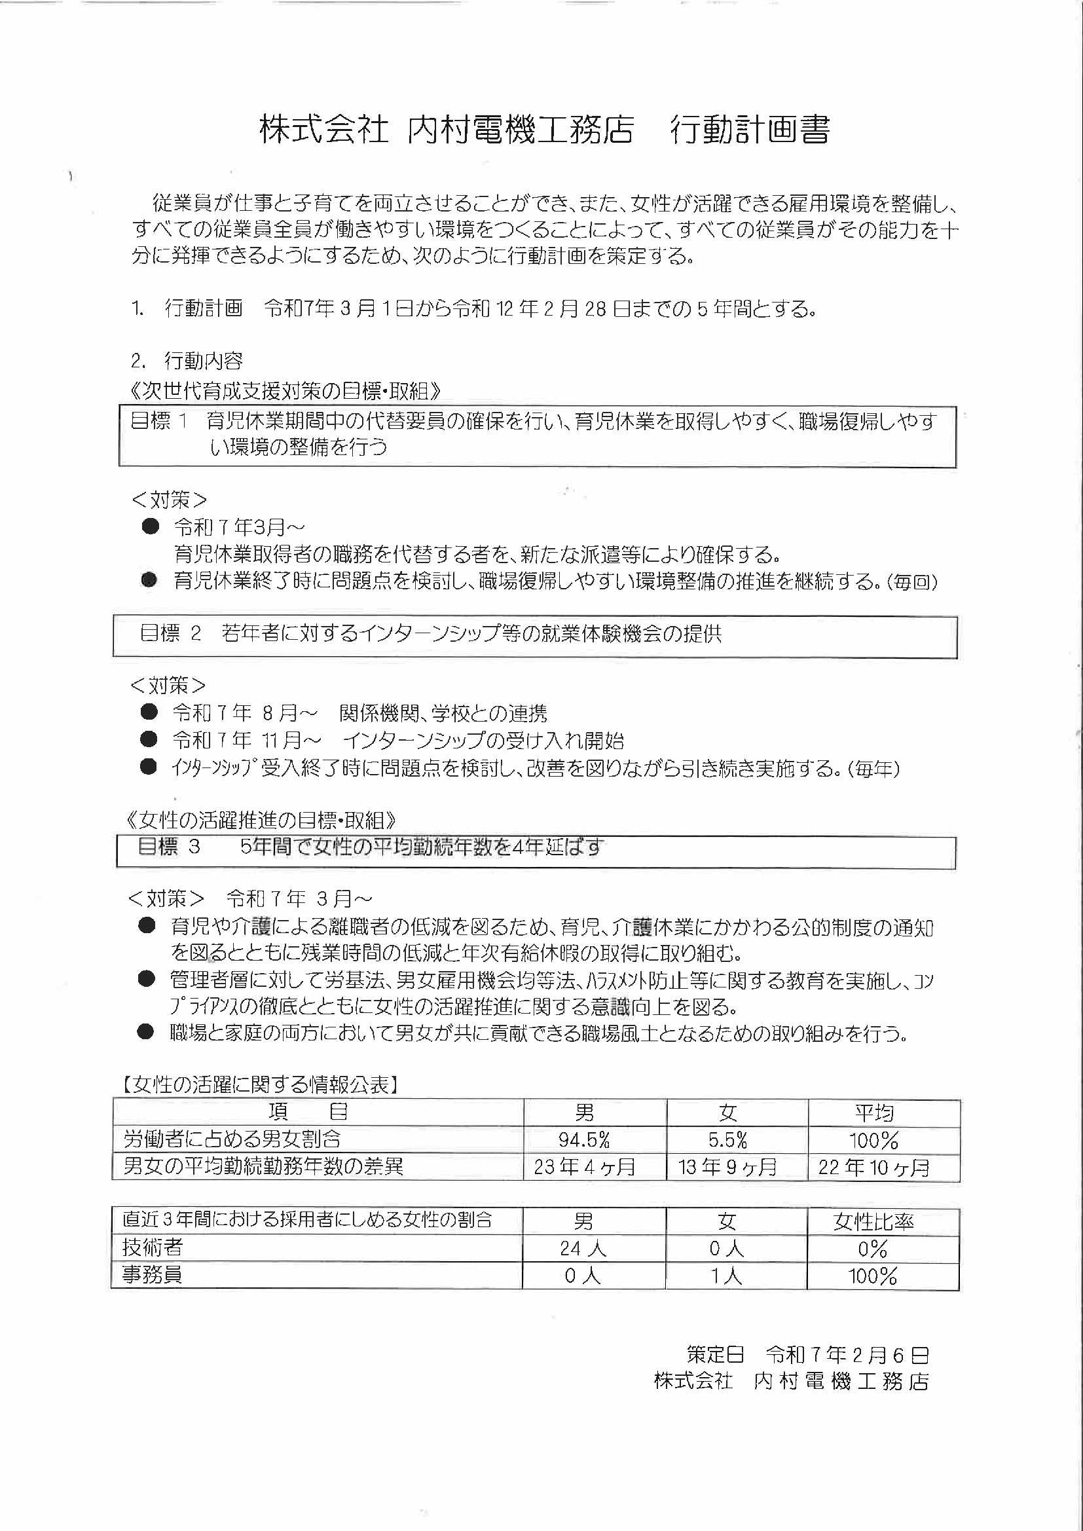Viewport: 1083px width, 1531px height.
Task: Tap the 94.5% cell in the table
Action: (x=584, y=1139)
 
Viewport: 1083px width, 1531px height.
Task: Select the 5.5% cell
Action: (x=727, y=1139)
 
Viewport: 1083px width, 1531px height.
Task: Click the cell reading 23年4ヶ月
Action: (x=584, y=1167)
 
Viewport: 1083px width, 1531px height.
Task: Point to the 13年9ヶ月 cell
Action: (x=727, y=1167)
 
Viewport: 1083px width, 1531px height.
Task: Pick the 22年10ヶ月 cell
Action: (x=873, y=1167)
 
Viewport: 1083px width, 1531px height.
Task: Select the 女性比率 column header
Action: (x=873, y=1222)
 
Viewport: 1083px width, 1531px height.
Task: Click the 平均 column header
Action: (x=874, y=1113)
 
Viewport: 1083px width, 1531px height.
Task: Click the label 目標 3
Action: (x=168, y=847)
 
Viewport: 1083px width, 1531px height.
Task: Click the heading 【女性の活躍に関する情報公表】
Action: (x=261, y=1086)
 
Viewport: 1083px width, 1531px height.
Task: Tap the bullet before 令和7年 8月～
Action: (x=149, y=712)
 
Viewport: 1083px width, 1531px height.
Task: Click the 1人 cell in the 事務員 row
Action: (x=726, y=1276)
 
